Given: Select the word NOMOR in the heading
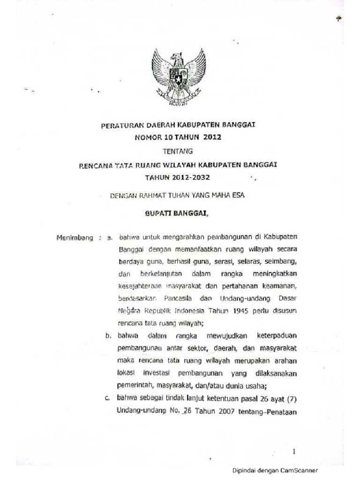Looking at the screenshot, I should (x=148, y=137).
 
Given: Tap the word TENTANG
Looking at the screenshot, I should (x=177, y=151).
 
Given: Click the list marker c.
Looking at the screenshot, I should (x=107, y=399).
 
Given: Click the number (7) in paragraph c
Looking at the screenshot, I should (x=291, y=399).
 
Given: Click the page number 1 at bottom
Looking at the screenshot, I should (x=294, y=452).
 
